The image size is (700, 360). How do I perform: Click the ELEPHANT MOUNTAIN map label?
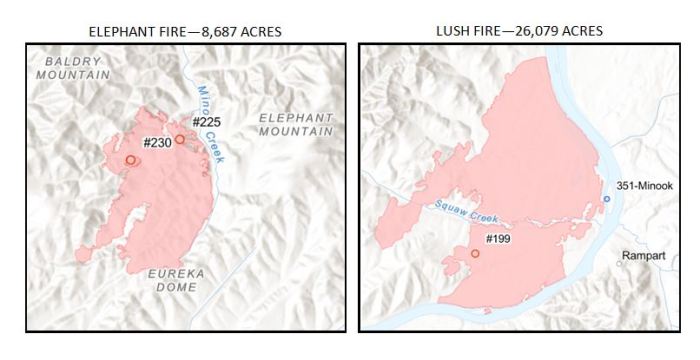[x=295, y=124]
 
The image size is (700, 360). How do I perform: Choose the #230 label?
[x=157, y=142]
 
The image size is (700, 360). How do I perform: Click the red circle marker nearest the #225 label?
[x=180, y=140]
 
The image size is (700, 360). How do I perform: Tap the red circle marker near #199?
[x=475, y=254]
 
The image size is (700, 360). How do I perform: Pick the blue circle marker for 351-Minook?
[x=606, y=199]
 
